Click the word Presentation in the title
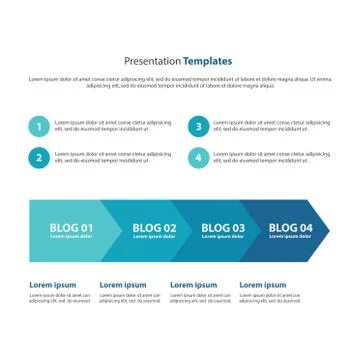(152, 62)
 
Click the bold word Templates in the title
(207, 62)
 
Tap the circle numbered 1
(38, 126)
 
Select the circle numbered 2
(38, 157)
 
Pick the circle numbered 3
(198, 126)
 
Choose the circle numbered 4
(198, 157)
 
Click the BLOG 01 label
(72, 228)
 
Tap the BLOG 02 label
(154, 228)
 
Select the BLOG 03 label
(223, 228)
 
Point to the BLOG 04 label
(291, 228)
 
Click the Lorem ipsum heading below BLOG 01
(53, 285)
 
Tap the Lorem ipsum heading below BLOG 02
(123, 285)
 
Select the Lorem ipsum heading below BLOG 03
(193, 285)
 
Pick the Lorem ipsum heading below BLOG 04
(263, 285)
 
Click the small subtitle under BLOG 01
(71, 237)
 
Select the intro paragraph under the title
(180, 82)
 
